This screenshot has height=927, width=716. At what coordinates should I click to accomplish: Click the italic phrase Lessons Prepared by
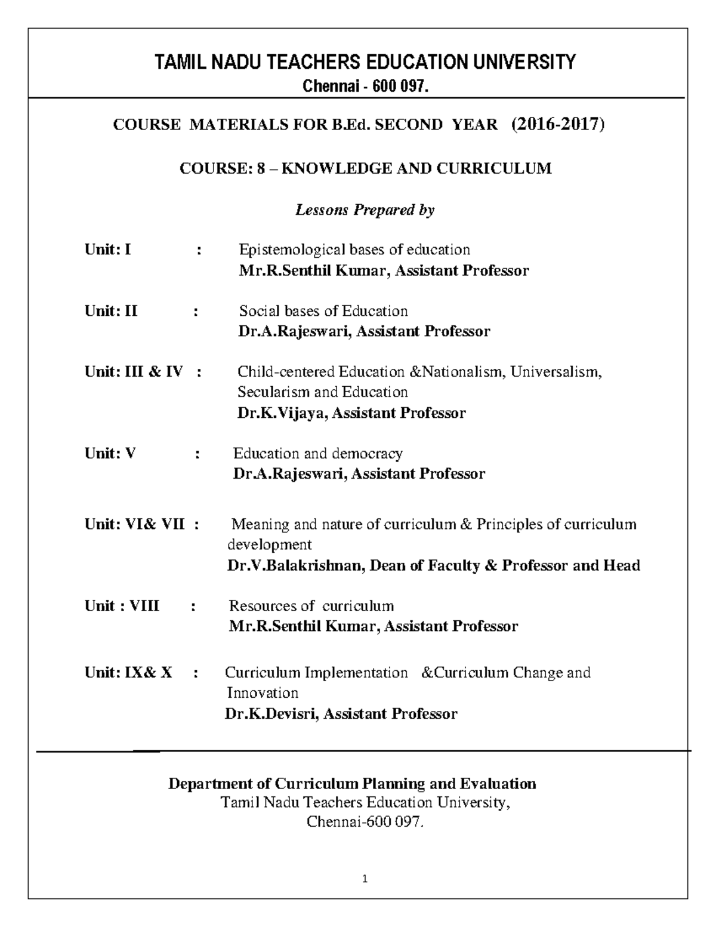[x=365, y=210]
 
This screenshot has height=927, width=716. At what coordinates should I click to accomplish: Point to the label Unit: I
[x=108, y=250]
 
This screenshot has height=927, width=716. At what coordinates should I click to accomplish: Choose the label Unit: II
[x=111, y=311]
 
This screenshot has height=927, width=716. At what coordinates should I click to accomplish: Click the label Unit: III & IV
[x=134, y=372]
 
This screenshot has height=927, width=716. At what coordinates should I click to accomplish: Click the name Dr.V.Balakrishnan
[x=295, y=566]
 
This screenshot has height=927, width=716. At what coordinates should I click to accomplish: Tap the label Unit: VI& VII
[x=134, y=525]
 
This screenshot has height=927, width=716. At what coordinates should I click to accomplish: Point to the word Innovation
[x=263, y=693]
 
